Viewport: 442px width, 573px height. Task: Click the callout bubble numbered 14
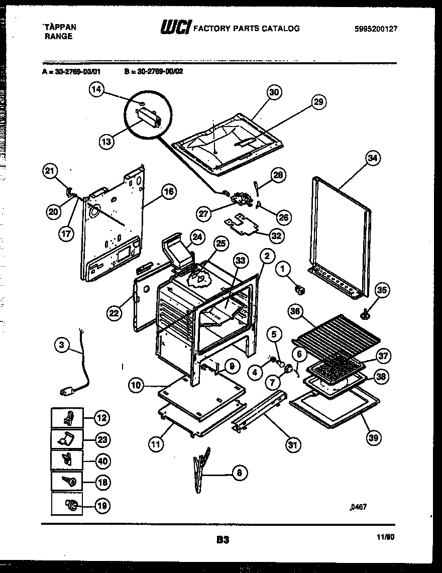tap(96, 90)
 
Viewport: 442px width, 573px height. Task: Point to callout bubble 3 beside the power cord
tap(61, 345)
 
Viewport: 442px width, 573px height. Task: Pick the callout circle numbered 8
tap(240, 472)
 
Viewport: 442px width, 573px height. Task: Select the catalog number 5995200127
tap(376, 29)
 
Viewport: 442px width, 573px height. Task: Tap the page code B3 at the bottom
tap(223, 540)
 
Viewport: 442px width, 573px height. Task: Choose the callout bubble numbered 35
tap(382, 290)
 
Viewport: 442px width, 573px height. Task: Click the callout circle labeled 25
tap(219, 244)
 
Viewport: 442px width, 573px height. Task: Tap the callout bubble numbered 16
tap(169, 191)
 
